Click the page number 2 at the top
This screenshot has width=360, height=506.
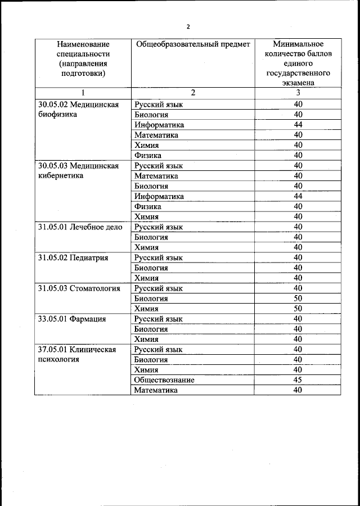188,26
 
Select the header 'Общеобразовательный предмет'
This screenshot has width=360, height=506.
191,44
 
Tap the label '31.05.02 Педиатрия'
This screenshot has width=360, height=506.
73,257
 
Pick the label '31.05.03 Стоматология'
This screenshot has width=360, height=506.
79,288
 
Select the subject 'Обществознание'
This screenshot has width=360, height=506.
164,380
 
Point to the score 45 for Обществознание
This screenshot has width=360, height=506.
298,380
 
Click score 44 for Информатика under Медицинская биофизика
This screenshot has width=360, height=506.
298,125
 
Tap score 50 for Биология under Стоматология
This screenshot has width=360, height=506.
298,299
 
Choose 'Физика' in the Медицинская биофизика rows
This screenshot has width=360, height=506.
148,155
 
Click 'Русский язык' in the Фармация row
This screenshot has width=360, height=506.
159,319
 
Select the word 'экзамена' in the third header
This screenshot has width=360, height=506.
298,83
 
